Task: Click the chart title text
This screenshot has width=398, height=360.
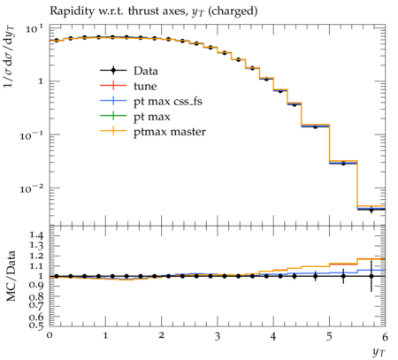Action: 154,11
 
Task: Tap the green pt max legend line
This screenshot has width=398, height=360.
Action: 113,116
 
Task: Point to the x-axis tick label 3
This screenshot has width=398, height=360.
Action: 218,336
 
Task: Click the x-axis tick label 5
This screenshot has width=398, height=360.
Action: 329,336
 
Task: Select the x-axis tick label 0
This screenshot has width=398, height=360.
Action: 50,335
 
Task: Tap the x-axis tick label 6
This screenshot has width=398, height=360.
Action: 385,336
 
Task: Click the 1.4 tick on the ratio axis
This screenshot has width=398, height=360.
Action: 36,235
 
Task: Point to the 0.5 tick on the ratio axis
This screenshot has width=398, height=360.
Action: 36,325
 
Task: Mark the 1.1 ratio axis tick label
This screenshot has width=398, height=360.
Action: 36,266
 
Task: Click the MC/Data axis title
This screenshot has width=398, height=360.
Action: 11,276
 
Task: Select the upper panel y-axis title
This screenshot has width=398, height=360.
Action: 10,57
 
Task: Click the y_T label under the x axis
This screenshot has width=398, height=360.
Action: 379,352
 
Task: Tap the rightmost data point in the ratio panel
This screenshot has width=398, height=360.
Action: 371,276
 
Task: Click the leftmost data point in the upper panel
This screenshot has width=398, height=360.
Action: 57,40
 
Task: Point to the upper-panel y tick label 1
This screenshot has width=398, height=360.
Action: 41,81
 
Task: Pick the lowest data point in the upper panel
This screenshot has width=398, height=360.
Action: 371,210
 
